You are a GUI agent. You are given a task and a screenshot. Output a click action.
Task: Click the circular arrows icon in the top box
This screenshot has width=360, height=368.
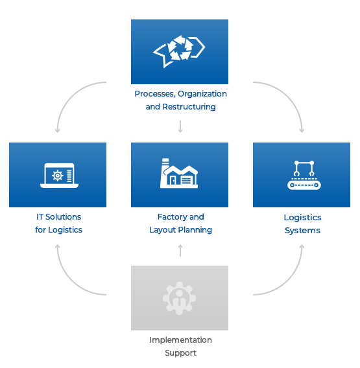click(179, 51)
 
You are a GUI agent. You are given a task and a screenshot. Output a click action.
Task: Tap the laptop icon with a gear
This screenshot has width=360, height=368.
click(59, 176)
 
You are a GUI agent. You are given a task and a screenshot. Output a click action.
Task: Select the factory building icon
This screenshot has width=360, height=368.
click(179, 173)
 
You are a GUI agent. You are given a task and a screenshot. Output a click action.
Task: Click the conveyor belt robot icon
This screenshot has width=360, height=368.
click(304, 175)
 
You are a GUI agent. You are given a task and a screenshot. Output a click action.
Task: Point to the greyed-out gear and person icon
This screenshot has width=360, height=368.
click(179, 298)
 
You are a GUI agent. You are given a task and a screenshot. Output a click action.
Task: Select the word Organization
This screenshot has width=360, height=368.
click(202, 94)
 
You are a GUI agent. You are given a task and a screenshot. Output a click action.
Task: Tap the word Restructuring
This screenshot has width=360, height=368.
click(189, 107)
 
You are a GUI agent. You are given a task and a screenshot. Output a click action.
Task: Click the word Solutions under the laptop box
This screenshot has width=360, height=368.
click(63, 217)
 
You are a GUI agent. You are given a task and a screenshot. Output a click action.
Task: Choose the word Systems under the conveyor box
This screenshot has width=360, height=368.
click(302, 231)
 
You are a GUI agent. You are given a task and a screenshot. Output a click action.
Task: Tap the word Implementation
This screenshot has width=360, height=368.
click(180, 340)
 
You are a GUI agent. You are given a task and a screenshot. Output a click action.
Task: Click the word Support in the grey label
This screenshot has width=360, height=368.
click(180, 353)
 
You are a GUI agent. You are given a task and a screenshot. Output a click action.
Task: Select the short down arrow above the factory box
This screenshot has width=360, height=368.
click(180, 126)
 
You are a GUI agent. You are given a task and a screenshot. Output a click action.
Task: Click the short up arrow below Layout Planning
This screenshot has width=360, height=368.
click(180, 251)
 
